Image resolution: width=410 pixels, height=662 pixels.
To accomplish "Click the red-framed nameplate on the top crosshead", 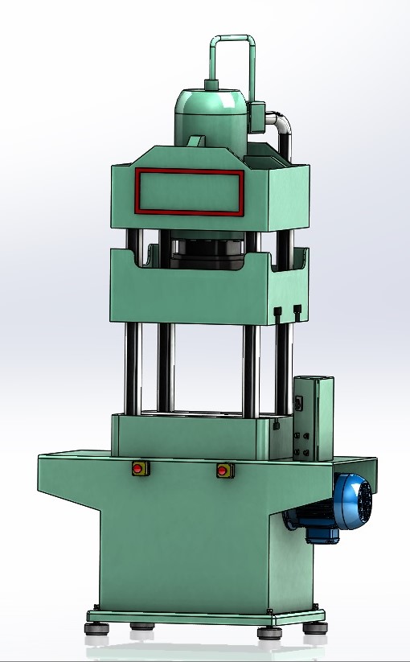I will pos(190,192).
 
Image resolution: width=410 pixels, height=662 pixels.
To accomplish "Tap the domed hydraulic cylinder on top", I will pos(211,113).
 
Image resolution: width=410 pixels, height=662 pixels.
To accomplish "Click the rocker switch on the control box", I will pos(302,403).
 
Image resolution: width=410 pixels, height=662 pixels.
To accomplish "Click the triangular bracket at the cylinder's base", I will pos(195,141).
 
